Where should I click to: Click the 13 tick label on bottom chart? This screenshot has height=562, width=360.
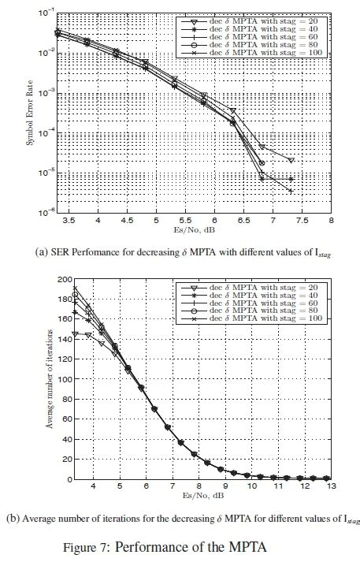coord(331,489)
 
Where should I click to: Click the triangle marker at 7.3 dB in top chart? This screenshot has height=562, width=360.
coord(291,160)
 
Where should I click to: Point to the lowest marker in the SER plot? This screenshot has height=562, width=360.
coord(291,191)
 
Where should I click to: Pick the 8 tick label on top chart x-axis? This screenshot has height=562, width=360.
coord(331,221)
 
